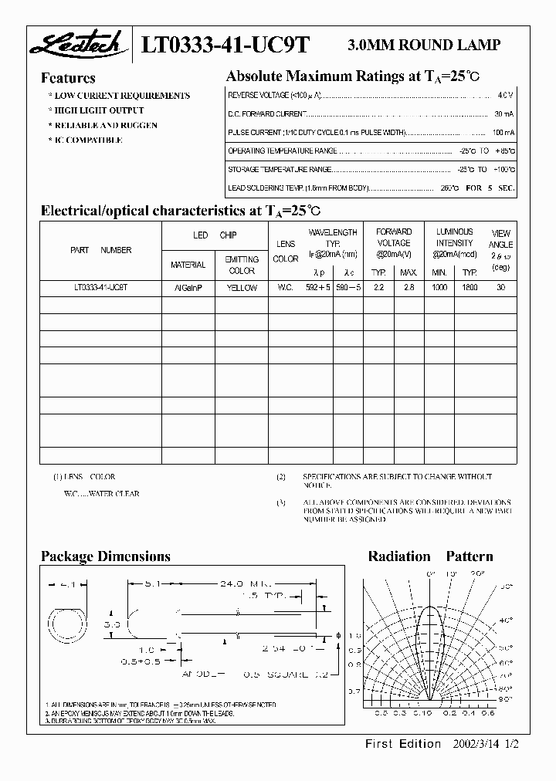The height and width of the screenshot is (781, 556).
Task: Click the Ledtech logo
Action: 75,46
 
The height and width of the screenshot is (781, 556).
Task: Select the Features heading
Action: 68,78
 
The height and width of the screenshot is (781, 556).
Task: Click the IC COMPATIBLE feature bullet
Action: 86,140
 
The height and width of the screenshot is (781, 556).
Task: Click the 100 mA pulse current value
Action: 500,133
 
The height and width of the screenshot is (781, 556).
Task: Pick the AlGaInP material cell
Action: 188,287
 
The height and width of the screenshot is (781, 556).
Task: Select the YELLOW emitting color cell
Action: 242,287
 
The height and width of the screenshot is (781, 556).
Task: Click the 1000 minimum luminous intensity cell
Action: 439,287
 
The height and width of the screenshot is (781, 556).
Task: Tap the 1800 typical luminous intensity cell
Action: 470,287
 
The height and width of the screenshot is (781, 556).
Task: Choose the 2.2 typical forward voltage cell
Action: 378,287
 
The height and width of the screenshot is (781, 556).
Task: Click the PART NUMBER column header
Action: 100,250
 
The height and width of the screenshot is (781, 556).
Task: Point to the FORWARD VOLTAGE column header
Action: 393,237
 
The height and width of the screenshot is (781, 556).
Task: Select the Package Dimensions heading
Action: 105,556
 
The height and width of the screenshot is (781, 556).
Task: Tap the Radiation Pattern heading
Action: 430,556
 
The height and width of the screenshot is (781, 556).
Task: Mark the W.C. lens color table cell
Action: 285,287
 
